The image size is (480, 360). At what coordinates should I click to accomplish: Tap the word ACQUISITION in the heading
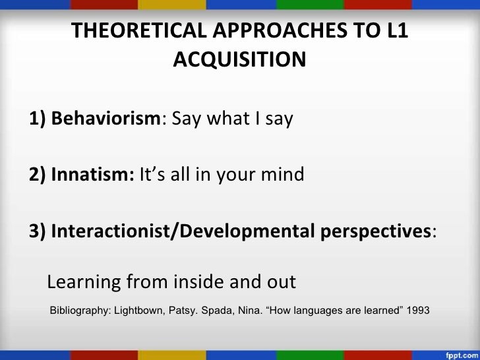point(239,60)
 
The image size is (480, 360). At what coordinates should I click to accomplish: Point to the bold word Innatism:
point(93,175)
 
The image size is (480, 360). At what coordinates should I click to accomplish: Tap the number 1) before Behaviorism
point(38,120)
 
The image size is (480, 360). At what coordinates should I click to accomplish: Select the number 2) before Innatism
point(38,175)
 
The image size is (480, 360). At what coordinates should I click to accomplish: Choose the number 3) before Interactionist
point(38,231)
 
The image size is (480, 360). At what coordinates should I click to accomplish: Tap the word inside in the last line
point(198,283)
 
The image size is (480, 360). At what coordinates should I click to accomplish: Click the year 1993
point(418,309)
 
